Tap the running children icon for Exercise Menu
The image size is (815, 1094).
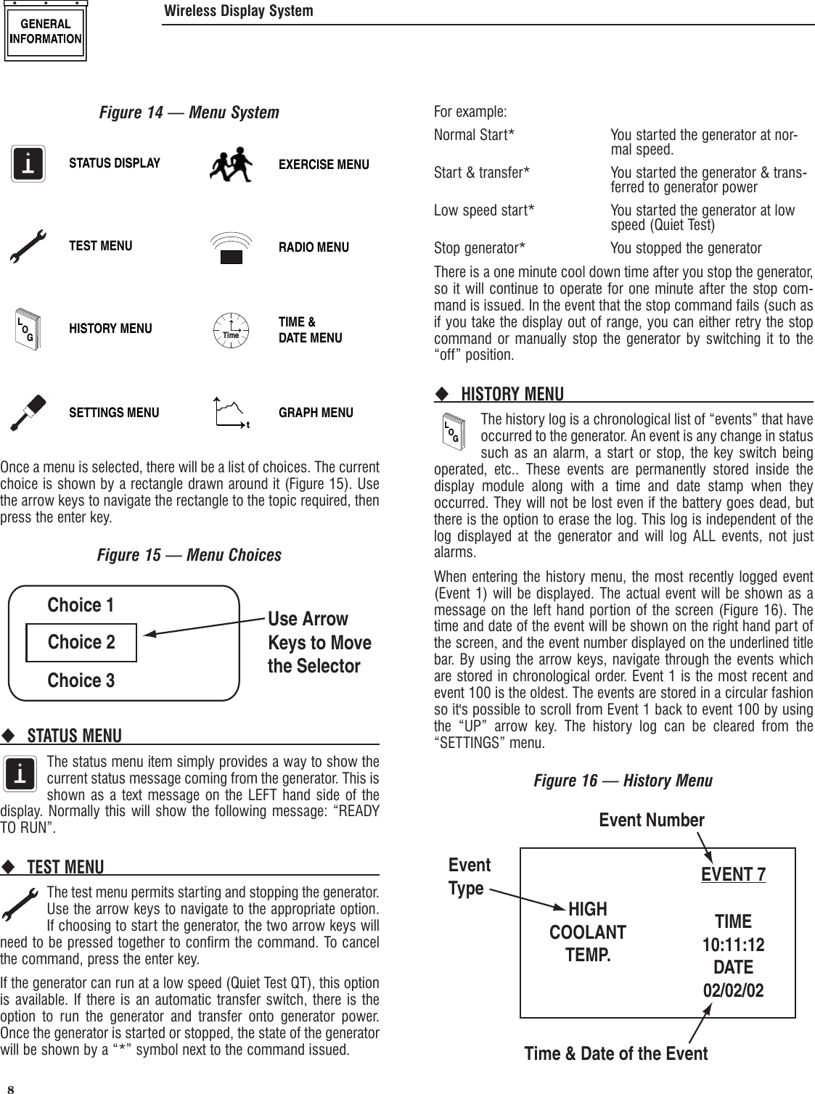point(230,165)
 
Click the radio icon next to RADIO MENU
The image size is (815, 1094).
point(231,249)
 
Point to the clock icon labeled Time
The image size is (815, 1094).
point(231,331)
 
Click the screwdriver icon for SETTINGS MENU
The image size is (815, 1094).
point(30,412)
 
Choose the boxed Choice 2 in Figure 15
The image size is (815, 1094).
point(81,643)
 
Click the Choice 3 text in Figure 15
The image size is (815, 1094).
point(81,680)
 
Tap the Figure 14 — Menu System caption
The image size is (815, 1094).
point(189,113)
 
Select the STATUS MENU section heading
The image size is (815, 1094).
point(75,736)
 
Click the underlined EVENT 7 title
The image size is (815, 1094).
point(733,875)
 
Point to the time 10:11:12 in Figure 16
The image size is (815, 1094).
point(733,945)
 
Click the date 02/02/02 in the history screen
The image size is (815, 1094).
point(733,990)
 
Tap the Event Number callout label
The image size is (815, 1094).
point(651,820)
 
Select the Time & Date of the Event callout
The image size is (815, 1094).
point(615,1053)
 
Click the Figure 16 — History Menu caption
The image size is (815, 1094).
point(623,781)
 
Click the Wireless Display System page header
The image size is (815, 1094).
point(239,11)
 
